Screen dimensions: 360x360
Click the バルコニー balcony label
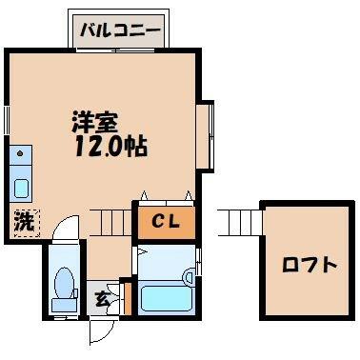pos(120,31)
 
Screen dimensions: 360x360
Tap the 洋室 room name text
pos(94,123)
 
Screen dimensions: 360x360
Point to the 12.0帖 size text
pos(110,147)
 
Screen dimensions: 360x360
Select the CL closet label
pos(166,222)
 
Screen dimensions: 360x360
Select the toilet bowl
pos(65,283)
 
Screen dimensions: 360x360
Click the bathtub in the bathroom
pos(166,298)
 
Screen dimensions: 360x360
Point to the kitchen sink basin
pos(22,189)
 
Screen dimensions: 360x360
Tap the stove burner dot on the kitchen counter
pos(20,153)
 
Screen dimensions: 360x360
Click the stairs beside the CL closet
pos(110,222)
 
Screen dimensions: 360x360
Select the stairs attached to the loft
pos(239,222)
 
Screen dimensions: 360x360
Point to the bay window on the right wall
pos(205,136)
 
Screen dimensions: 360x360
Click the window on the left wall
pos(7,120)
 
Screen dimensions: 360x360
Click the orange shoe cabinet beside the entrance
pos(128,298)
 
